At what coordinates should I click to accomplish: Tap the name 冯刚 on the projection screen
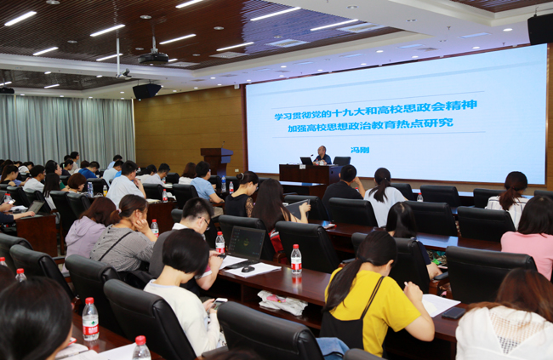click(x=360, y=150)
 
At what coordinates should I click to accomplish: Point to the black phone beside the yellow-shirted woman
click(x=453, y=313)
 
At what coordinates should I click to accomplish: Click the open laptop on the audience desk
click(x=246, y=245)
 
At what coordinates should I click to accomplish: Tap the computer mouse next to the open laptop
click(x=248, y=269)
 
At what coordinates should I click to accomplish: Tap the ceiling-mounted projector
click(x=153, y=57)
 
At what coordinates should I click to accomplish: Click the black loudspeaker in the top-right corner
click(x=539, y=28)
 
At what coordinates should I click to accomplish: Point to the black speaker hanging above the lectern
click(x=146, y=90)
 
